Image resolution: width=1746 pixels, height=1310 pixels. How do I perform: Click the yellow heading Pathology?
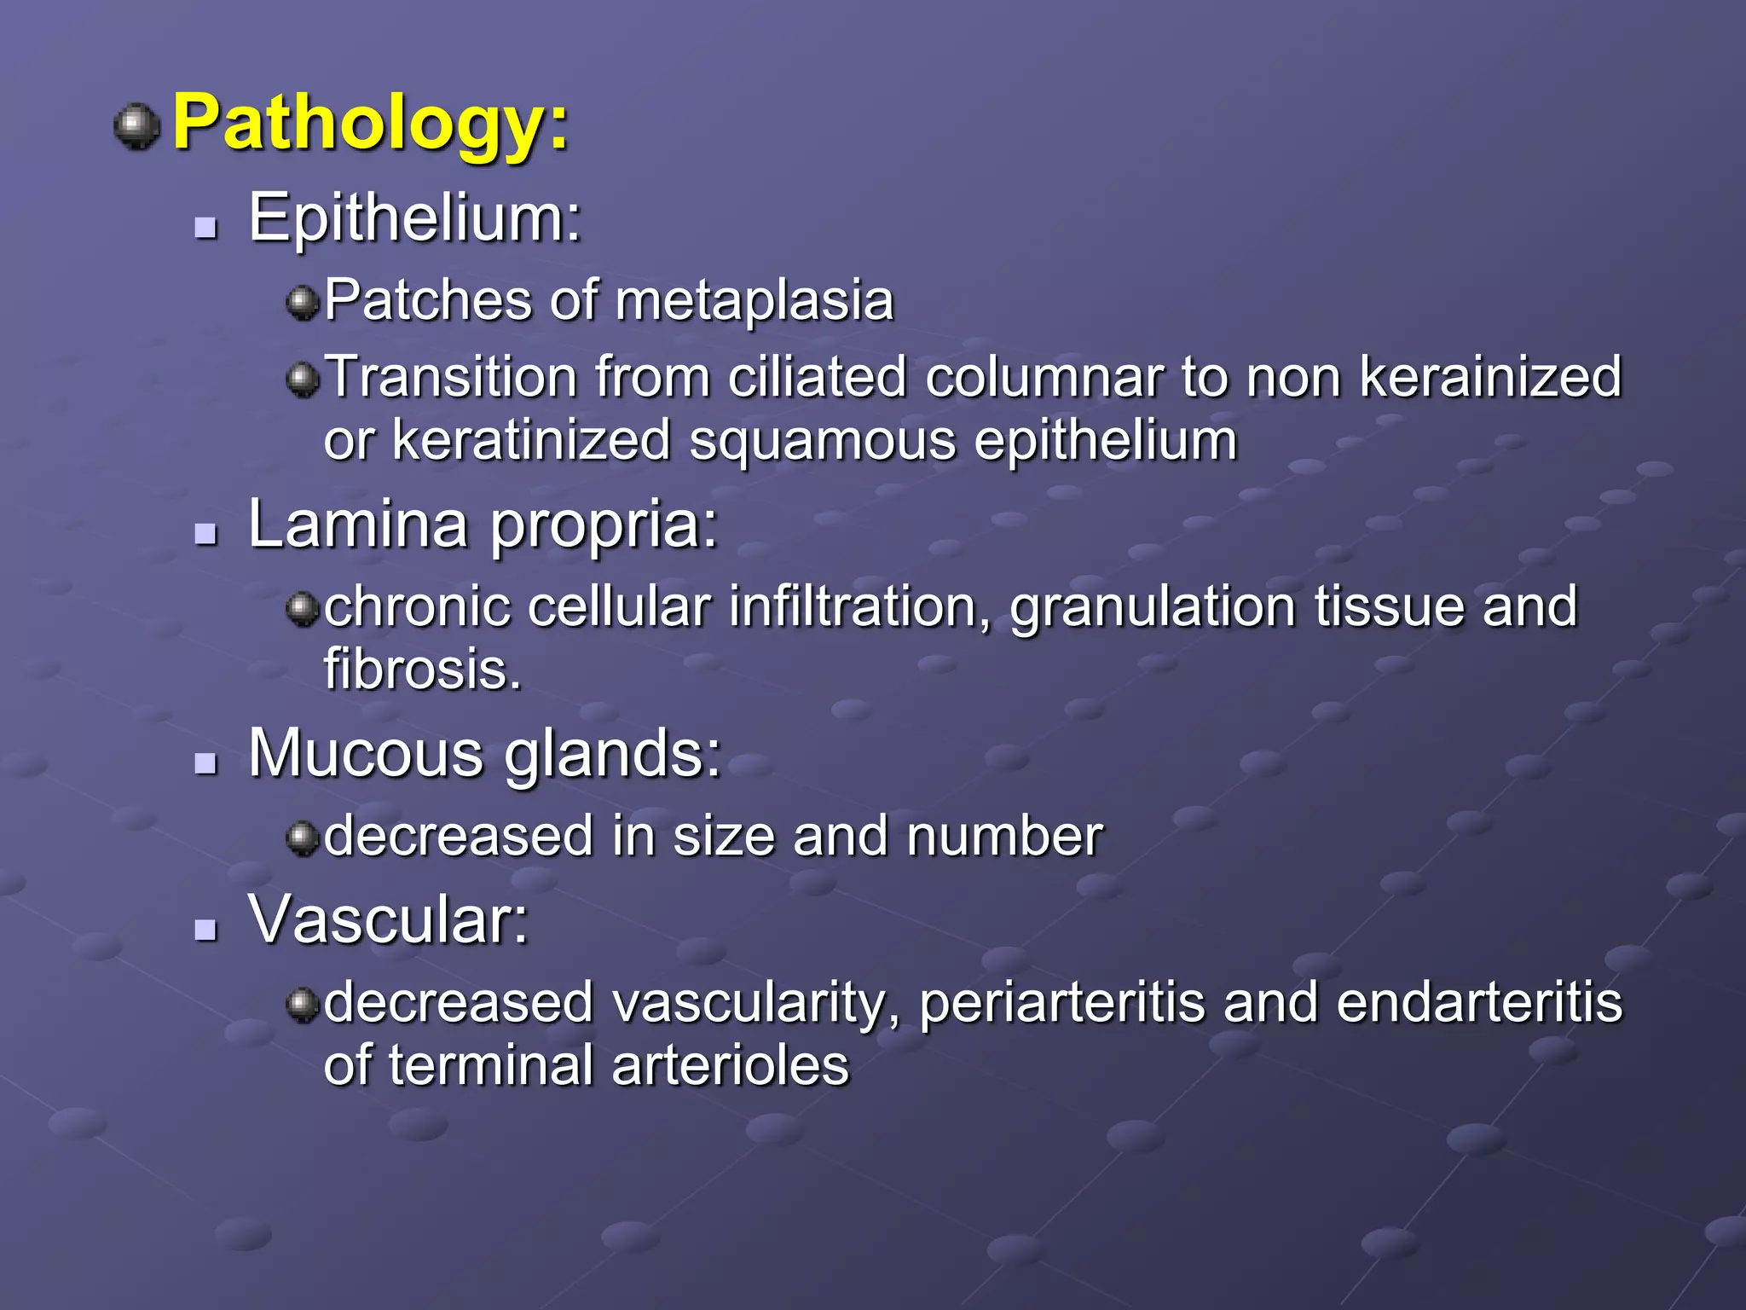click(371, 125)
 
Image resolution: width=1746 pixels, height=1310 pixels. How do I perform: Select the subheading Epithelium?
click(414, 218)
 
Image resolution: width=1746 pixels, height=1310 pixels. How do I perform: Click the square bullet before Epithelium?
click(205, 227)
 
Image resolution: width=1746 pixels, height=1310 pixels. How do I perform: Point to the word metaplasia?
click(754, 301)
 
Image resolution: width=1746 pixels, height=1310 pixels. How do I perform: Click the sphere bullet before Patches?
click(302, 302)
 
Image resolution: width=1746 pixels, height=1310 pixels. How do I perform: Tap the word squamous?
click(823, 441)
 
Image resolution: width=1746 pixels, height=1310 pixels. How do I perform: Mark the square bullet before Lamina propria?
click(205, 534)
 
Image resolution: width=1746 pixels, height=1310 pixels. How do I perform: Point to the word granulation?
click(1152, 607)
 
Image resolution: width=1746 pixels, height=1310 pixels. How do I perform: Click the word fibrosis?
click(422, 670)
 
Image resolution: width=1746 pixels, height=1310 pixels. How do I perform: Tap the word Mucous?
click(366, 754)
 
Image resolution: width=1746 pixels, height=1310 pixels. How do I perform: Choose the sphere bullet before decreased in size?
click(302, 837)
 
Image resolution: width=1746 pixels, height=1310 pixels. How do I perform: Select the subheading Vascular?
click(389, 920)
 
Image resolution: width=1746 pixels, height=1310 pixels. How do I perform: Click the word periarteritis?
click(1061, 1003)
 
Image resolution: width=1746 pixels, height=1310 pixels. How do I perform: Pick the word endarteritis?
click(1479, 1003)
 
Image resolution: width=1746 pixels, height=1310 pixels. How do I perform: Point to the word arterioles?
click(730, 1066)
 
